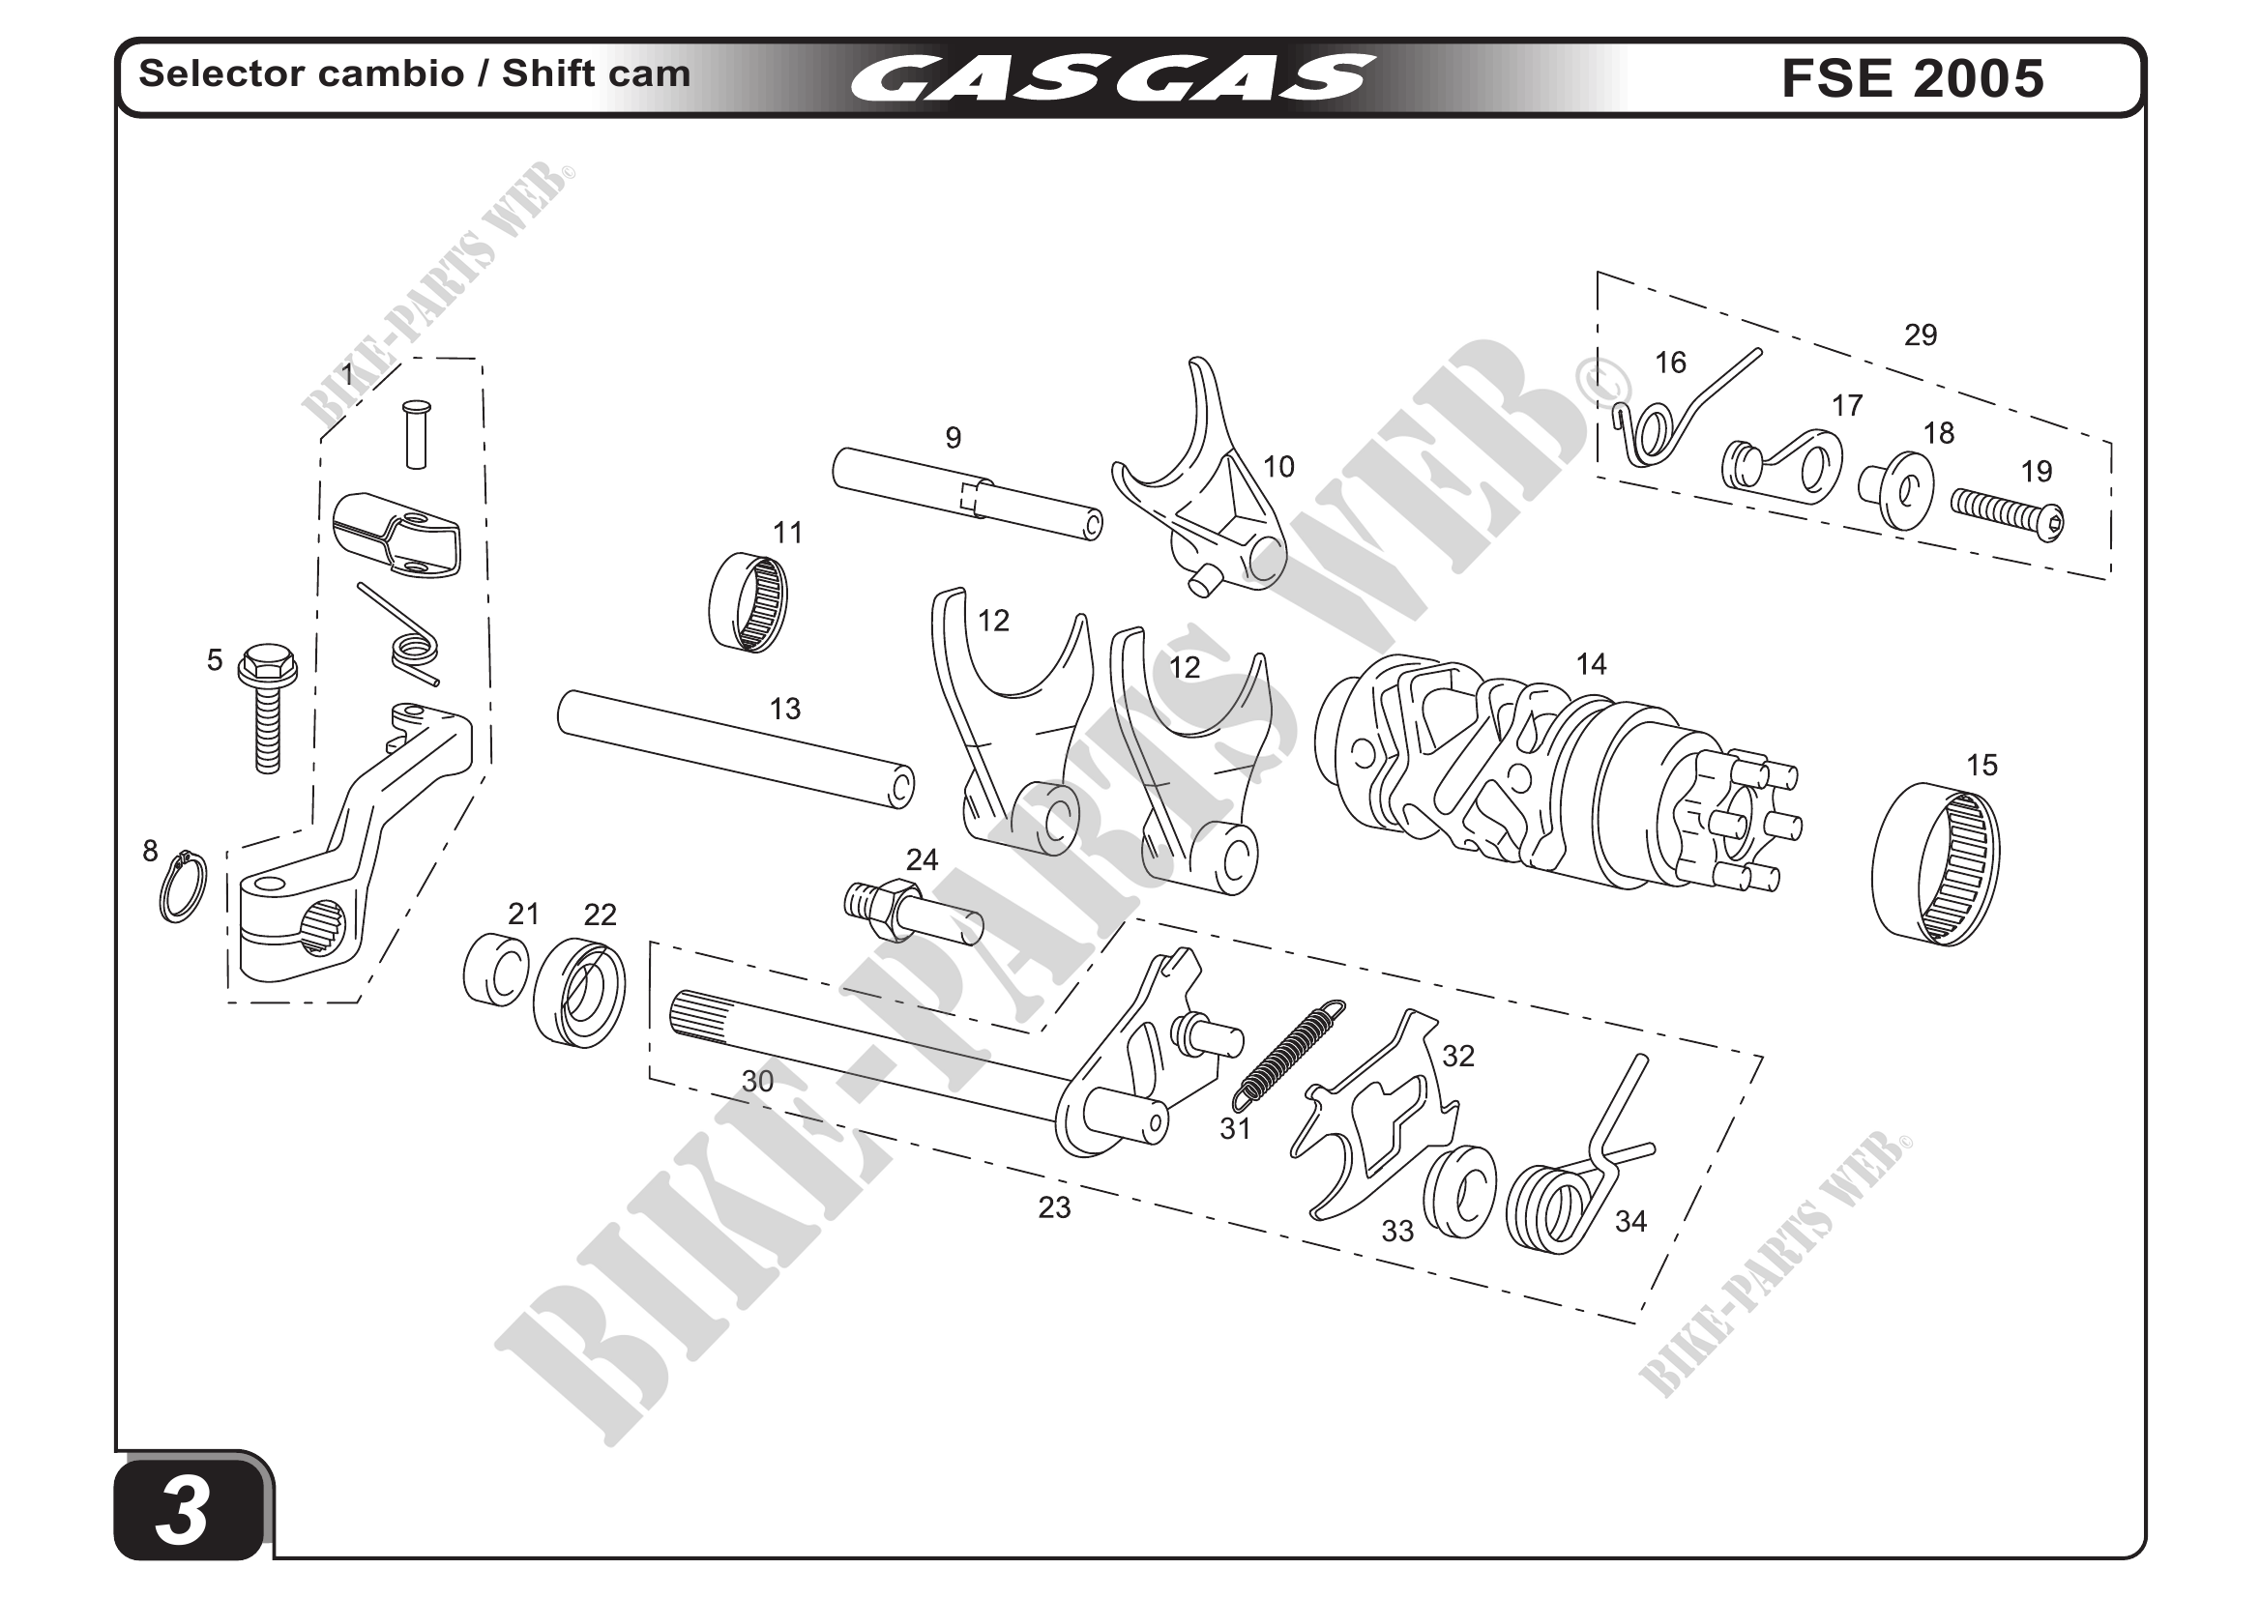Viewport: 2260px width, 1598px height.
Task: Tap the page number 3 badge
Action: pyautogui.click(x=185, y=1510)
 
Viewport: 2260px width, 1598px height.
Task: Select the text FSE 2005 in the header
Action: pyautogui.click(x=1912, y=78)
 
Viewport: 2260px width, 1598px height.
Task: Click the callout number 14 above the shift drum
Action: pyautogui.click(x=1591, y=665)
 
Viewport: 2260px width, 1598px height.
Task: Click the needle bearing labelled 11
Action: pyautogui.click(x=748, y=602)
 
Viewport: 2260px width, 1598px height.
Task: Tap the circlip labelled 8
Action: pyautogui.click(x=184, y=886)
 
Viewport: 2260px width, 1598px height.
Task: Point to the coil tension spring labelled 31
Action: pyautogui.click(x=1289, y=1050)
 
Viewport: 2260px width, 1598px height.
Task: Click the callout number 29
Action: pyautogui.click(x=1920, y=335)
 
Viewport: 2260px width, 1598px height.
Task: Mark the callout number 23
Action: pyautogui.click(x=1053, y=1207)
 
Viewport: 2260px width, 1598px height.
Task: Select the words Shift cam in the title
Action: pyautogui.click(x=597, y=73)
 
